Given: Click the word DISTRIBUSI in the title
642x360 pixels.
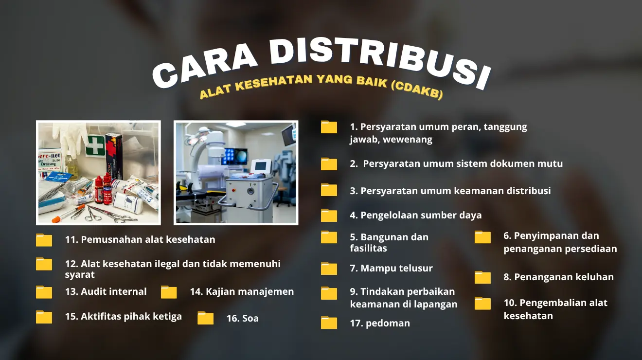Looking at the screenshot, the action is (378, 62).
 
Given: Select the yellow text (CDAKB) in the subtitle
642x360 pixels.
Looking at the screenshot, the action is (417, 90).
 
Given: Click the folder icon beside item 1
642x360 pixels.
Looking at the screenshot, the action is (329, 127).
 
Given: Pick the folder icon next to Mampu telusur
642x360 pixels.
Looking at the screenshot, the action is (329, 269).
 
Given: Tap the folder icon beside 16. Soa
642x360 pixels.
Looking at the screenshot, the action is (206, 318).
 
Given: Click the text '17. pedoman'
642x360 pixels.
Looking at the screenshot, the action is (380, 323).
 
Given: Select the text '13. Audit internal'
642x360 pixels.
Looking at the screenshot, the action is (106, 291).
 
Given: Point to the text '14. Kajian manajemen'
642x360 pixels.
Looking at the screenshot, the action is (242, 291).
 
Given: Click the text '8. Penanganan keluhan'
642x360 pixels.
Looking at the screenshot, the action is (559, 277).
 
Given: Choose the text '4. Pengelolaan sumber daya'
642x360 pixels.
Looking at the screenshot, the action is (415, 215).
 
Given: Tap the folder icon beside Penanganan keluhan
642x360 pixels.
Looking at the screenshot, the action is (482, 277).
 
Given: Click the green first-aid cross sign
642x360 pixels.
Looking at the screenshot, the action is (95, 146).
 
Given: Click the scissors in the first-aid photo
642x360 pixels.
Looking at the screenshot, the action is (94, 215).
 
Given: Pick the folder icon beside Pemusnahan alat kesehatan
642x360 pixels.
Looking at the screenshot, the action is (44, 240).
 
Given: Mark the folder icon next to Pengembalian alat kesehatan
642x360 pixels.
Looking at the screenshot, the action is (482, 304).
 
